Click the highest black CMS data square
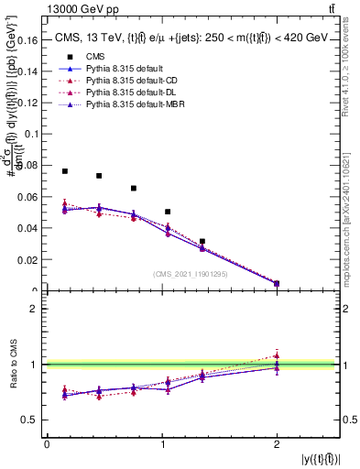coord(64,171)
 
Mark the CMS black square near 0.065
coord(134,189)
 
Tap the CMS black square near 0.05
coord(168,212)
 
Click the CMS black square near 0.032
coord(202,241)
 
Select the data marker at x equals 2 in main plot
coord(277,284)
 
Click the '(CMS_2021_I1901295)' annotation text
coord(190,273)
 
